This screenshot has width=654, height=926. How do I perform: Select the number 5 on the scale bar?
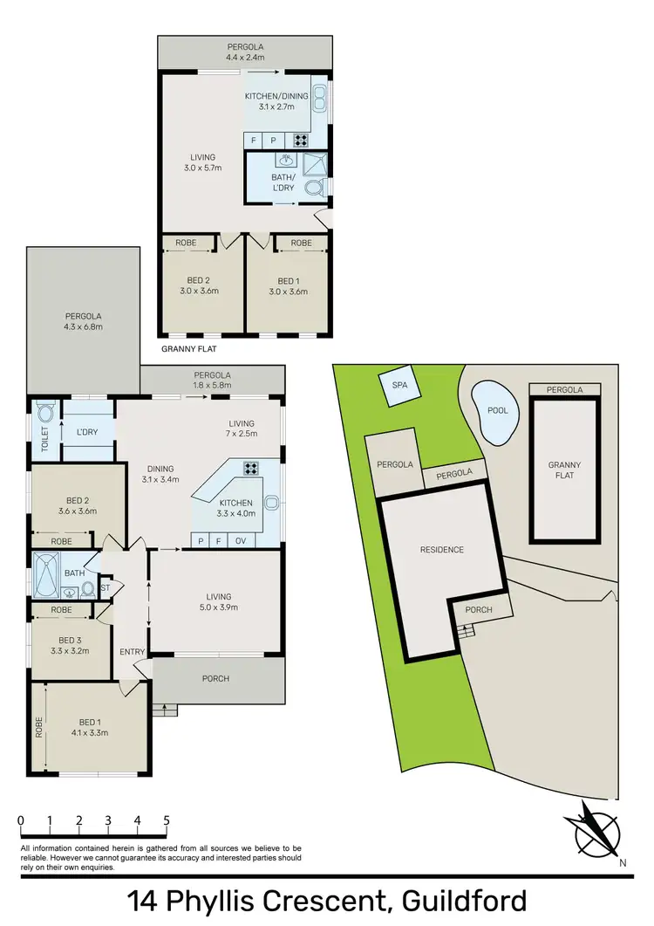(166, 821)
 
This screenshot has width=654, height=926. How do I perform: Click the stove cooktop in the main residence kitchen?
(252, 468)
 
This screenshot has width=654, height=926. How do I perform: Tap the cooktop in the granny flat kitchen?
(300, 140)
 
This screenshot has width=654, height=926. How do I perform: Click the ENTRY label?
(132, 652)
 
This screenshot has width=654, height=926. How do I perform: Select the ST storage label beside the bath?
(105, 587)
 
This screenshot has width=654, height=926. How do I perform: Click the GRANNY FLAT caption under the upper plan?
(189, 347)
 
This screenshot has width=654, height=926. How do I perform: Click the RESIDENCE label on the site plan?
(441, 550)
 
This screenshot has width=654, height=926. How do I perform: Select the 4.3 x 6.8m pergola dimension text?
(83, 327)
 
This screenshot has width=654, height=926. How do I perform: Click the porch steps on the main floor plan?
(159, 710)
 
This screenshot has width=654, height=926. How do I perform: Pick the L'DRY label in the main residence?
(87, 432)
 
